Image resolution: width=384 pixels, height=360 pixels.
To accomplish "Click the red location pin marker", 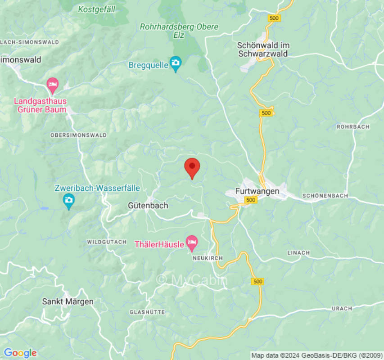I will [x=193, y=167].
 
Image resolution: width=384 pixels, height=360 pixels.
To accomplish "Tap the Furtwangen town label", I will [x=257, y=191].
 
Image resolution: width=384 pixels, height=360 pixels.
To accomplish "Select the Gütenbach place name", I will [x=148, y=206].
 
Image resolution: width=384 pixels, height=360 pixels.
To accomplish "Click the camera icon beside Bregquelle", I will [x=175, y=64].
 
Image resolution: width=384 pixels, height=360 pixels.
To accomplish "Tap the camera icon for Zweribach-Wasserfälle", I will [x=68, y=200].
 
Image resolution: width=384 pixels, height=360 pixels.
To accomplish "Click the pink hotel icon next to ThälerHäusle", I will [x=192, y=243].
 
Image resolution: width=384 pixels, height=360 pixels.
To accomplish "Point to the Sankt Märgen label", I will [x=68, y=301].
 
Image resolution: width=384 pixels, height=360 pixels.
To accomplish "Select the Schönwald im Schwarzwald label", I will [x=263, y=49].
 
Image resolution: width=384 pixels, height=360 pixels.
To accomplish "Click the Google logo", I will [x=20, y=353].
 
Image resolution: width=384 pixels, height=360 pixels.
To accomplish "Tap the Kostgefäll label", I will [x=96, y=9].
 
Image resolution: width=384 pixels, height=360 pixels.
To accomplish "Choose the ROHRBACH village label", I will [x=353, y=127].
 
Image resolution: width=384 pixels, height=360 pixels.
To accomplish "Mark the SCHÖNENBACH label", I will [x=325, y=196].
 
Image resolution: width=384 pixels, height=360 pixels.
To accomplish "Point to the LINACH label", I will [x=299, y=253].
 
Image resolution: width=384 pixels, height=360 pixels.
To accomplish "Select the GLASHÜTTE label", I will [x=147, y=312].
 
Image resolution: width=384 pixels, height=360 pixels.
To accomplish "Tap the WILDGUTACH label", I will [x=107, y=242].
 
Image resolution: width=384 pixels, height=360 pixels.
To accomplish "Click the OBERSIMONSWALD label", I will [x=78, y=135].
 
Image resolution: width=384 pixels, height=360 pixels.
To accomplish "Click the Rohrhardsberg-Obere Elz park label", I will [x=179, y=31].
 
